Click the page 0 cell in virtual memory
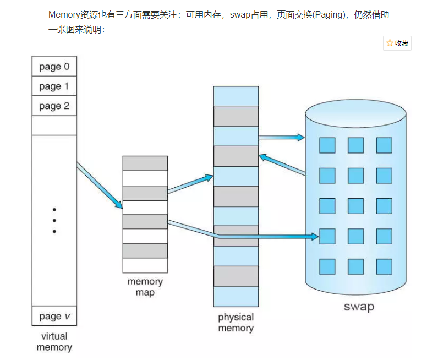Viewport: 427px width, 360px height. [54, 67]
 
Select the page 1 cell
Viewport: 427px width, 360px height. [54, 86]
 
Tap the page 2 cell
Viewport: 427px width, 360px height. [54, 106]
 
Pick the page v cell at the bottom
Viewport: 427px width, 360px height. [54, 316]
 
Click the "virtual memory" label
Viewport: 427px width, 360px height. [54, 342]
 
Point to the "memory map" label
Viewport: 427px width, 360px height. [145, 287]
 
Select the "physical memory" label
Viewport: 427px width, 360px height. [236, 323]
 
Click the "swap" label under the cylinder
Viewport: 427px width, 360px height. [358, 307]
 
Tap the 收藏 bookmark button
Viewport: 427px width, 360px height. [397, 43]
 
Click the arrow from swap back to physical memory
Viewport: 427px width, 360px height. [281, 165]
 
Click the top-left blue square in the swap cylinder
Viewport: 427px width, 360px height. [327, 145]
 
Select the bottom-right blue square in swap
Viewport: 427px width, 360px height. [384, 266]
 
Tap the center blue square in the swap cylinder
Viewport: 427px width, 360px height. [355, 206]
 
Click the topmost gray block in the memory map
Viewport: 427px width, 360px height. [145, 163]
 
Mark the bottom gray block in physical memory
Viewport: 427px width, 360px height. [236, 276]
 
